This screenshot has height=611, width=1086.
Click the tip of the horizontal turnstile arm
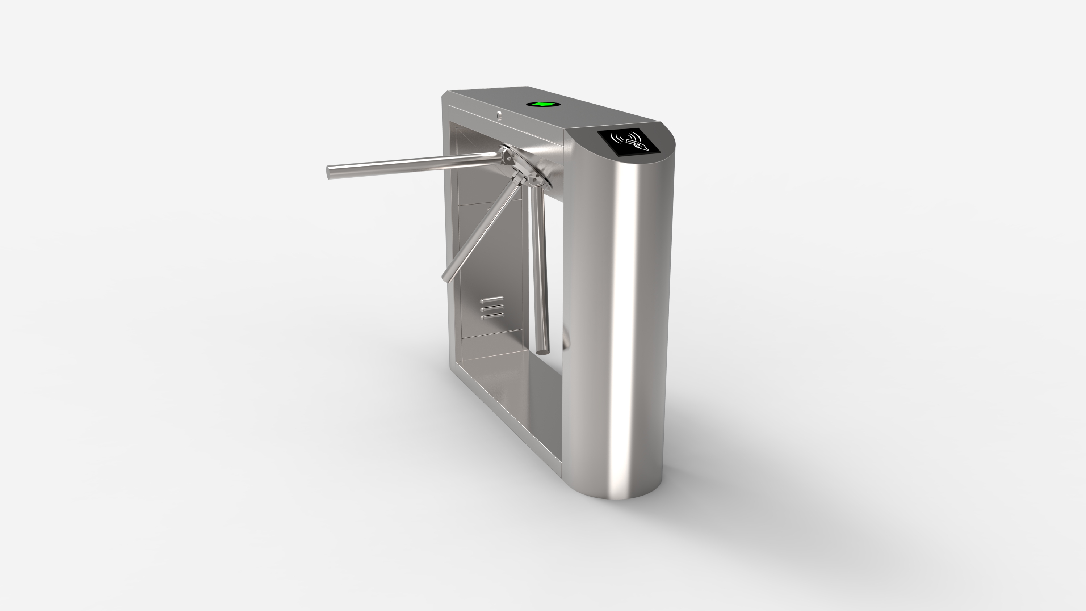(330, 172)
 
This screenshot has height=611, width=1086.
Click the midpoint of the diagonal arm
(483, 229)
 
